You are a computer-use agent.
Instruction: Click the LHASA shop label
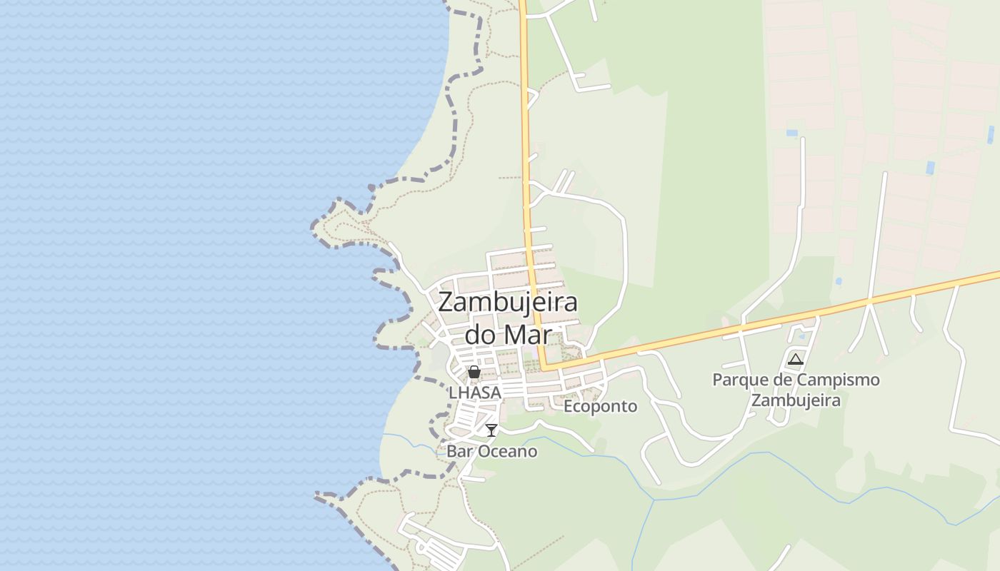pos(475,393)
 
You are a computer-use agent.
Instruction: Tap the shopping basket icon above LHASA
pos(474,372)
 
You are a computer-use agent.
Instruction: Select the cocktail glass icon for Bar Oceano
pos(491,430)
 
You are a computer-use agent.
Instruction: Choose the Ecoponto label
pos(600,406)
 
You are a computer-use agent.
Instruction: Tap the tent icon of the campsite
pos(796,359)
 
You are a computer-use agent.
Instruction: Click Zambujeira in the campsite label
pos(796,400)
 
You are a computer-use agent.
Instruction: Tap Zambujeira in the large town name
pos(507,303)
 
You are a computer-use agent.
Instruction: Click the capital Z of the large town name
pos(446,303)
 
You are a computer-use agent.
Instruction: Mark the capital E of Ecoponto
pos(569,406)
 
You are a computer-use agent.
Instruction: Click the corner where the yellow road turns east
pos(545,368)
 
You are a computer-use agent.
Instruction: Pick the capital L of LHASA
pos(453,393)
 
